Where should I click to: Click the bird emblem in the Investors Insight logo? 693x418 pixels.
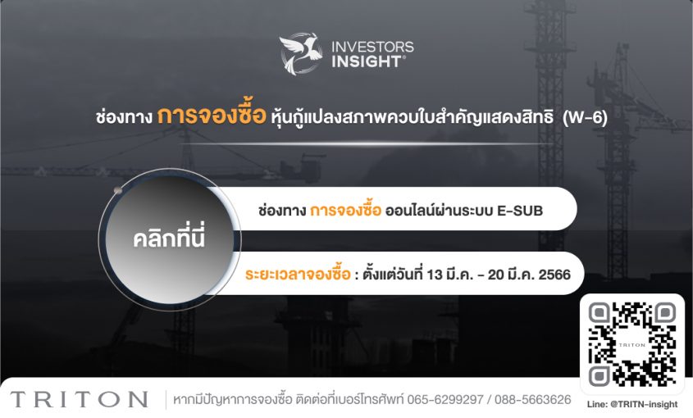pyautogui.click(x=300, y=53)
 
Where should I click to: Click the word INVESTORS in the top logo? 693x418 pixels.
pyautogui.click(x=372, y=47)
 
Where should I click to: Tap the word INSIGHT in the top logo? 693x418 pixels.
pyautogui.click(x=367, y=61)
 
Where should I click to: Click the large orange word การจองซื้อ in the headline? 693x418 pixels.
pyautogui.click(x=212, y=116)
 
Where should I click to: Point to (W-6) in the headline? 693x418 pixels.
pyautogui.click(x=586, y=117)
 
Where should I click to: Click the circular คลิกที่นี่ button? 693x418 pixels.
pyautogui.click(x=169, y=239)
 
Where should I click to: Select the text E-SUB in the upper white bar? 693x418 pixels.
pyautogui.click(x=520, y=211)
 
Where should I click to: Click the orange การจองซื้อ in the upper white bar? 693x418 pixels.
pyautogui.click(x=345, y=210)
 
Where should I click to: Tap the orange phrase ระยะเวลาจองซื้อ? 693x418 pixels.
pyautogui.click(x=298, y=275)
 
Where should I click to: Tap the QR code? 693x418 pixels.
pyautogui.click(x=632, y=344)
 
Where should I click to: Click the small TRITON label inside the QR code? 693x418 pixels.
pyautogui.click(x=632, y=345)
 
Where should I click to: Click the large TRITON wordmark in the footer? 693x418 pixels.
pyautogui.click(x=79, y=399)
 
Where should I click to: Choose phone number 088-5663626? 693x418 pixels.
pyautogui.click(x=532, y=400)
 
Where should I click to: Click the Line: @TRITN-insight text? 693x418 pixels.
pyautogui.click(x=632, y=404)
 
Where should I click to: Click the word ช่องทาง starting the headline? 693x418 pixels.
pyautogui.click(x=124, y=117)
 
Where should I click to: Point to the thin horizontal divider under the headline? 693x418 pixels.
pyautogui.click(x=372, y=143)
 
